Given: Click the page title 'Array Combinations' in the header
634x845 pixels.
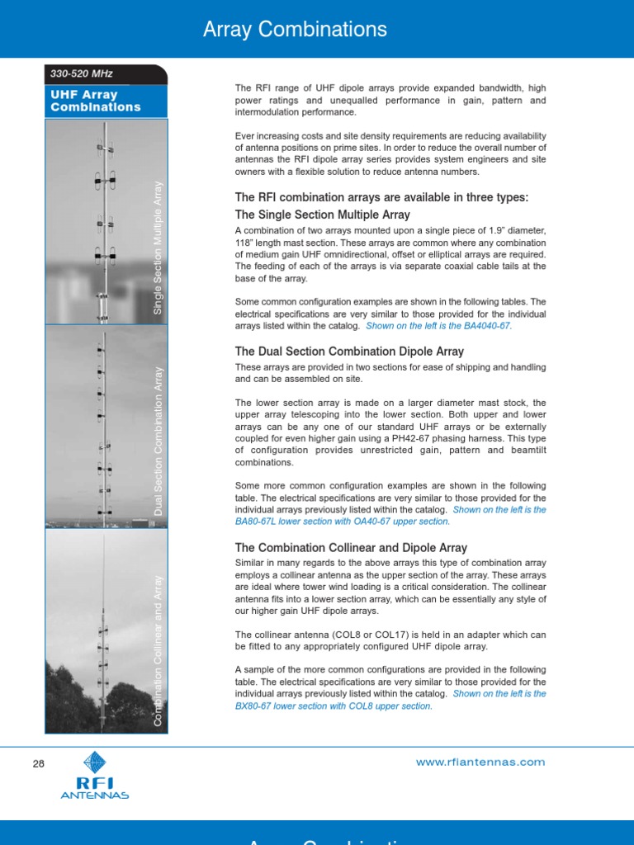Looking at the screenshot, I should click(x=295, y=31).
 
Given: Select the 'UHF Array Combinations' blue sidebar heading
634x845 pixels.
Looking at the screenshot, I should click(x=96, y=101).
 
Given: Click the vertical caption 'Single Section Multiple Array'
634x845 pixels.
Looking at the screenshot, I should click(x=159, y=248).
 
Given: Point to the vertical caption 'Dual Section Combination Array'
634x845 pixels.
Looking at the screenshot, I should click(x=159, y=441).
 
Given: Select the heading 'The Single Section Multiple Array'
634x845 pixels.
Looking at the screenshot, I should click(x=322, y=215).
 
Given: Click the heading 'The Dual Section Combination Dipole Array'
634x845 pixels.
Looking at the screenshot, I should click(x=349, y=352).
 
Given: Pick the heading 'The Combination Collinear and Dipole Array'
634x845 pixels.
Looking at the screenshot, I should click(x=351, y=548).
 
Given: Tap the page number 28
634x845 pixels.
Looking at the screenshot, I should click(x=38, y=764).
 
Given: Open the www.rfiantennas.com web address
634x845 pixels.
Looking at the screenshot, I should click(x=481, y=762).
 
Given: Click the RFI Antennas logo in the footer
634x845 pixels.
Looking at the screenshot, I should click(x=95, y=777).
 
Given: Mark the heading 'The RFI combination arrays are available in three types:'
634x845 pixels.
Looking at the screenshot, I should click(x=381, y=197).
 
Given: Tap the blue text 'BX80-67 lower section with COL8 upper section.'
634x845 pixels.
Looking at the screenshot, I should click(x=334, y=706).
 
